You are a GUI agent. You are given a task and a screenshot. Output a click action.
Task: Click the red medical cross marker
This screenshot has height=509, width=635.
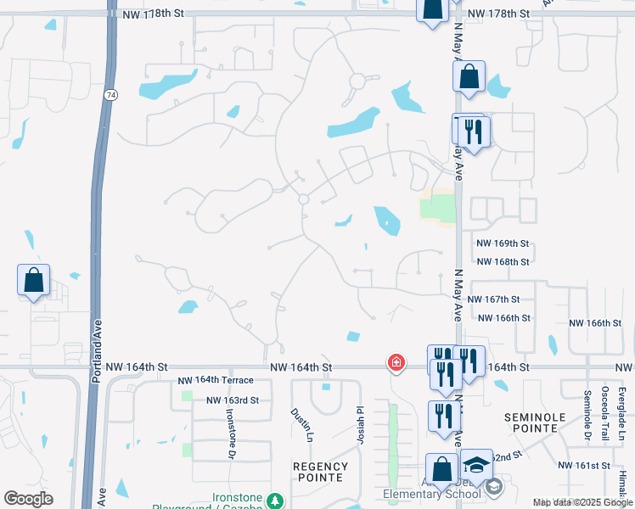[x=396, y=362]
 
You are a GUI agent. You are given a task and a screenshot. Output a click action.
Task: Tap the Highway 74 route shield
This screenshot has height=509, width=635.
[x=110, y=97]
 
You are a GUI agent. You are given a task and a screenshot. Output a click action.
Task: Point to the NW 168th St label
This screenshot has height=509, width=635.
[x=503, y=262]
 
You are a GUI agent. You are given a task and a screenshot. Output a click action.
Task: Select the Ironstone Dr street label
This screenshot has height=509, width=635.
[x=230, y=432]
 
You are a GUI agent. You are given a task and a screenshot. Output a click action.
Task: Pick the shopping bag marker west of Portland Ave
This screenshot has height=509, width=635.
[x=34, y=279]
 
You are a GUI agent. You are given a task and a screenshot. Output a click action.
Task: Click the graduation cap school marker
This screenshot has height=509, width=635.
[x=476, y=464]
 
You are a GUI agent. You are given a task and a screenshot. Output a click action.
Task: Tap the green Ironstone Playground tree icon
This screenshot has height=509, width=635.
[x=274, y=501]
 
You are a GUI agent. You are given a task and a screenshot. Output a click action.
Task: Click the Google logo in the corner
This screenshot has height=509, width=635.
[x=28, y=499]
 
